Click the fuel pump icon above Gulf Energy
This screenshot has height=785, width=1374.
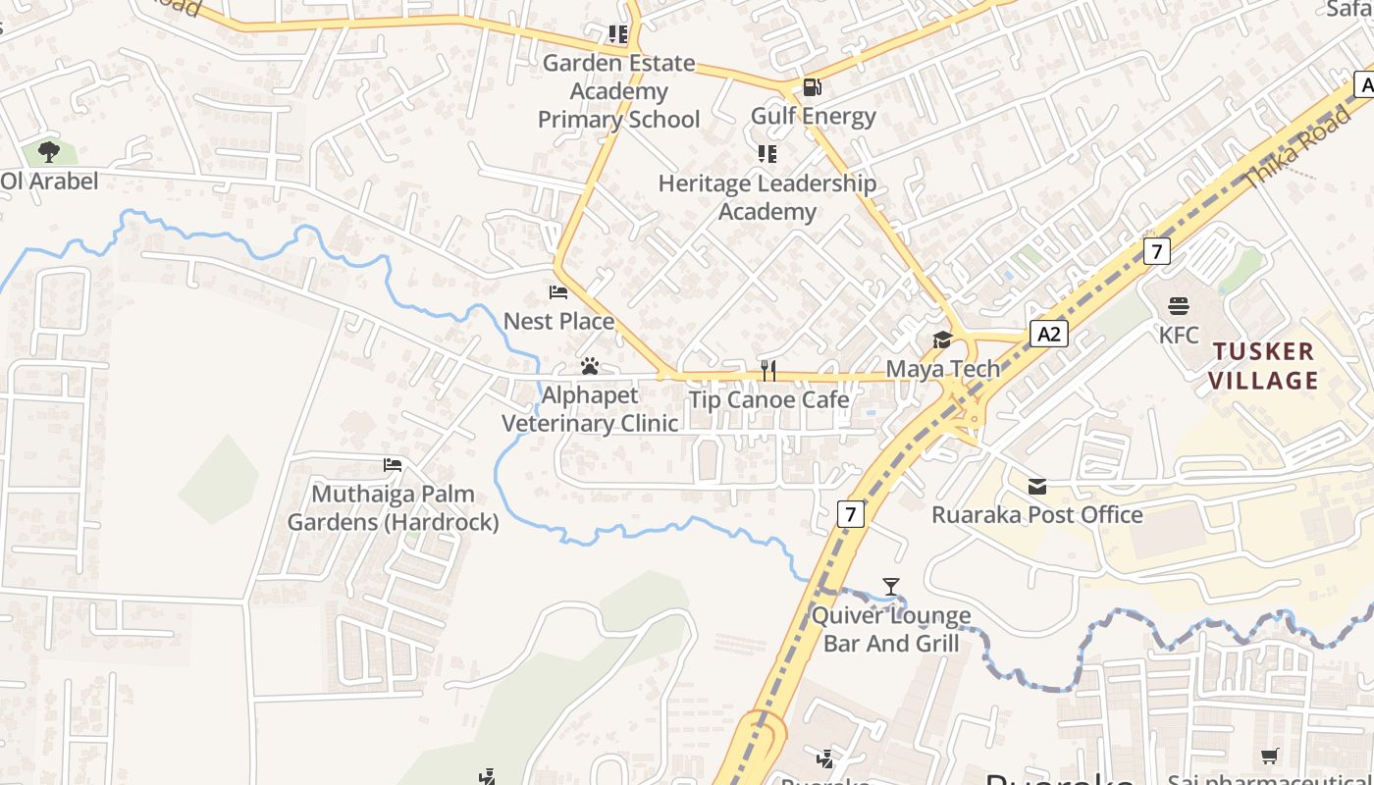[x=812, y=87]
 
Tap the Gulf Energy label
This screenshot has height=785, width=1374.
[x=813, y=116]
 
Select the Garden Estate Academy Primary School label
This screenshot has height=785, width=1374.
[x=618, y=91]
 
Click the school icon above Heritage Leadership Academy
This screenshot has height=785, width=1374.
[x=766, y=154]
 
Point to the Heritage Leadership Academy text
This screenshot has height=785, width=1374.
[x=766, y=197]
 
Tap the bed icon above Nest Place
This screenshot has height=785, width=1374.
[x=558, y=292]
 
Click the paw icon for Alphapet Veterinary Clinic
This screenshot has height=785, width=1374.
[x=590, y=366]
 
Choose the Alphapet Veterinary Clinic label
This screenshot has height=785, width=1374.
[x=590, y=409]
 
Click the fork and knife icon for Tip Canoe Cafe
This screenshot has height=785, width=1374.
[x=768, y=370]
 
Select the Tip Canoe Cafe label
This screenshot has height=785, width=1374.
[x=768, y=399]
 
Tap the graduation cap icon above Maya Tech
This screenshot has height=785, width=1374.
[x=942, y=340]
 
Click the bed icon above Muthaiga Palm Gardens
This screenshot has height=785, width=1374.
[x=393, y=464]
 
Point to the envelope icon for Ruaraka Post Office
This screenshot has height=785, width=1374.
[x=1037, y=486]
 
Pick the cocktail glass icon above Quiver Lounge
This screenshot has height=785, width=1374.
[x=891, y=587]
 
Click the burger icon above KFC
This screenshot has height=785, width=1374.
[x=1178, y=306]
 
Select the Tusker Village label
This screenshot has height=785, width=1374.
[x=1262, y=366]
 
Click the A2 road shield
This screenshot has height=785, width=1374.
[x=1049, y=334]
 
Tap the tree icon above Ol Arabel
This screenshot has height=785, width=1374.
[x=49, y=152]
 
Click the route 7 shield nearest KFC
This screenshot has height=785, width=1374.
[x=1157, y=251]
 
